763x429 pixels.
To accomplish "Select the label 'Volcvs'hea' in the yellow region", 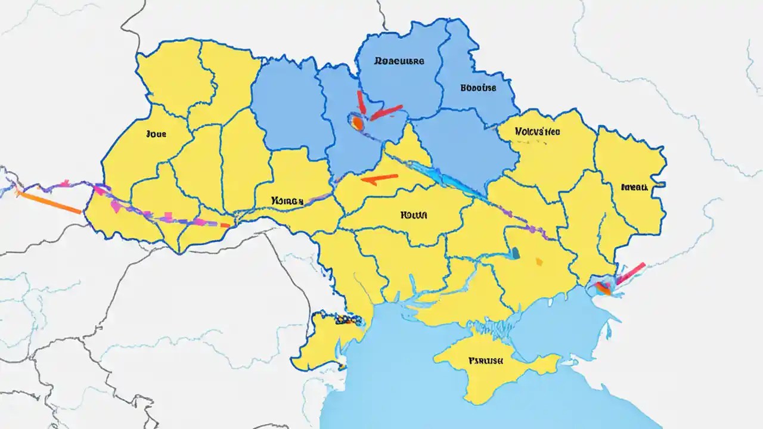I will click(x=537, y=132).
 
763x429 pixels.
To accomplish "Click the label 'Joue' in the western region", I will click(x=156, y=134).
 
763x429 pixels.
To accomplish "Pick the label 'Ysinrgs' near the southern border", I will click(x=287, y=201).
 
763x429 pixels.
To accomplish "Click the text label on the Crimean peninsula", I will click(x=485, y=360).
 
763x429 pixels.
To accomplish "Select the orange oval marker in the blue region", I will click(x=357, y=123).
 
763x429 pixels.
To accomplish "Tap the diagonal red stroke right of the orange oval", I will click(x=386, y=111).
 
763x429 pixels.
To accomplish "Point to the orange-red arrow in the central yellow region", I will click(x=380, y=178).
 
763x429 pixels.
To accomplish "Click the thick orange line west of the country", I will click(x=50, y=202).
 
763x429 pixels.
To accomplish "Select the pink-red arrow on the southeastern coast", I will click(x=631, y=273).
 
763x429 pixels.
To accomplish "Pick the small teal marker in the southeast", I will click(x=516, y=254).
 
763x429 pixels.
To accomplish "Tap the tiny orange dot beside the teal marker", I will click(x=539, y=260).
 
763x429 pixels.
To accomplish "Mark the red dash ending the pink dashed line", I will click(x=224, y=225).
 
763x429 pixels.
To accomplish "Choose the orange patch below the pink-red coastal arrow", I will click(x=603, y=289).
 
